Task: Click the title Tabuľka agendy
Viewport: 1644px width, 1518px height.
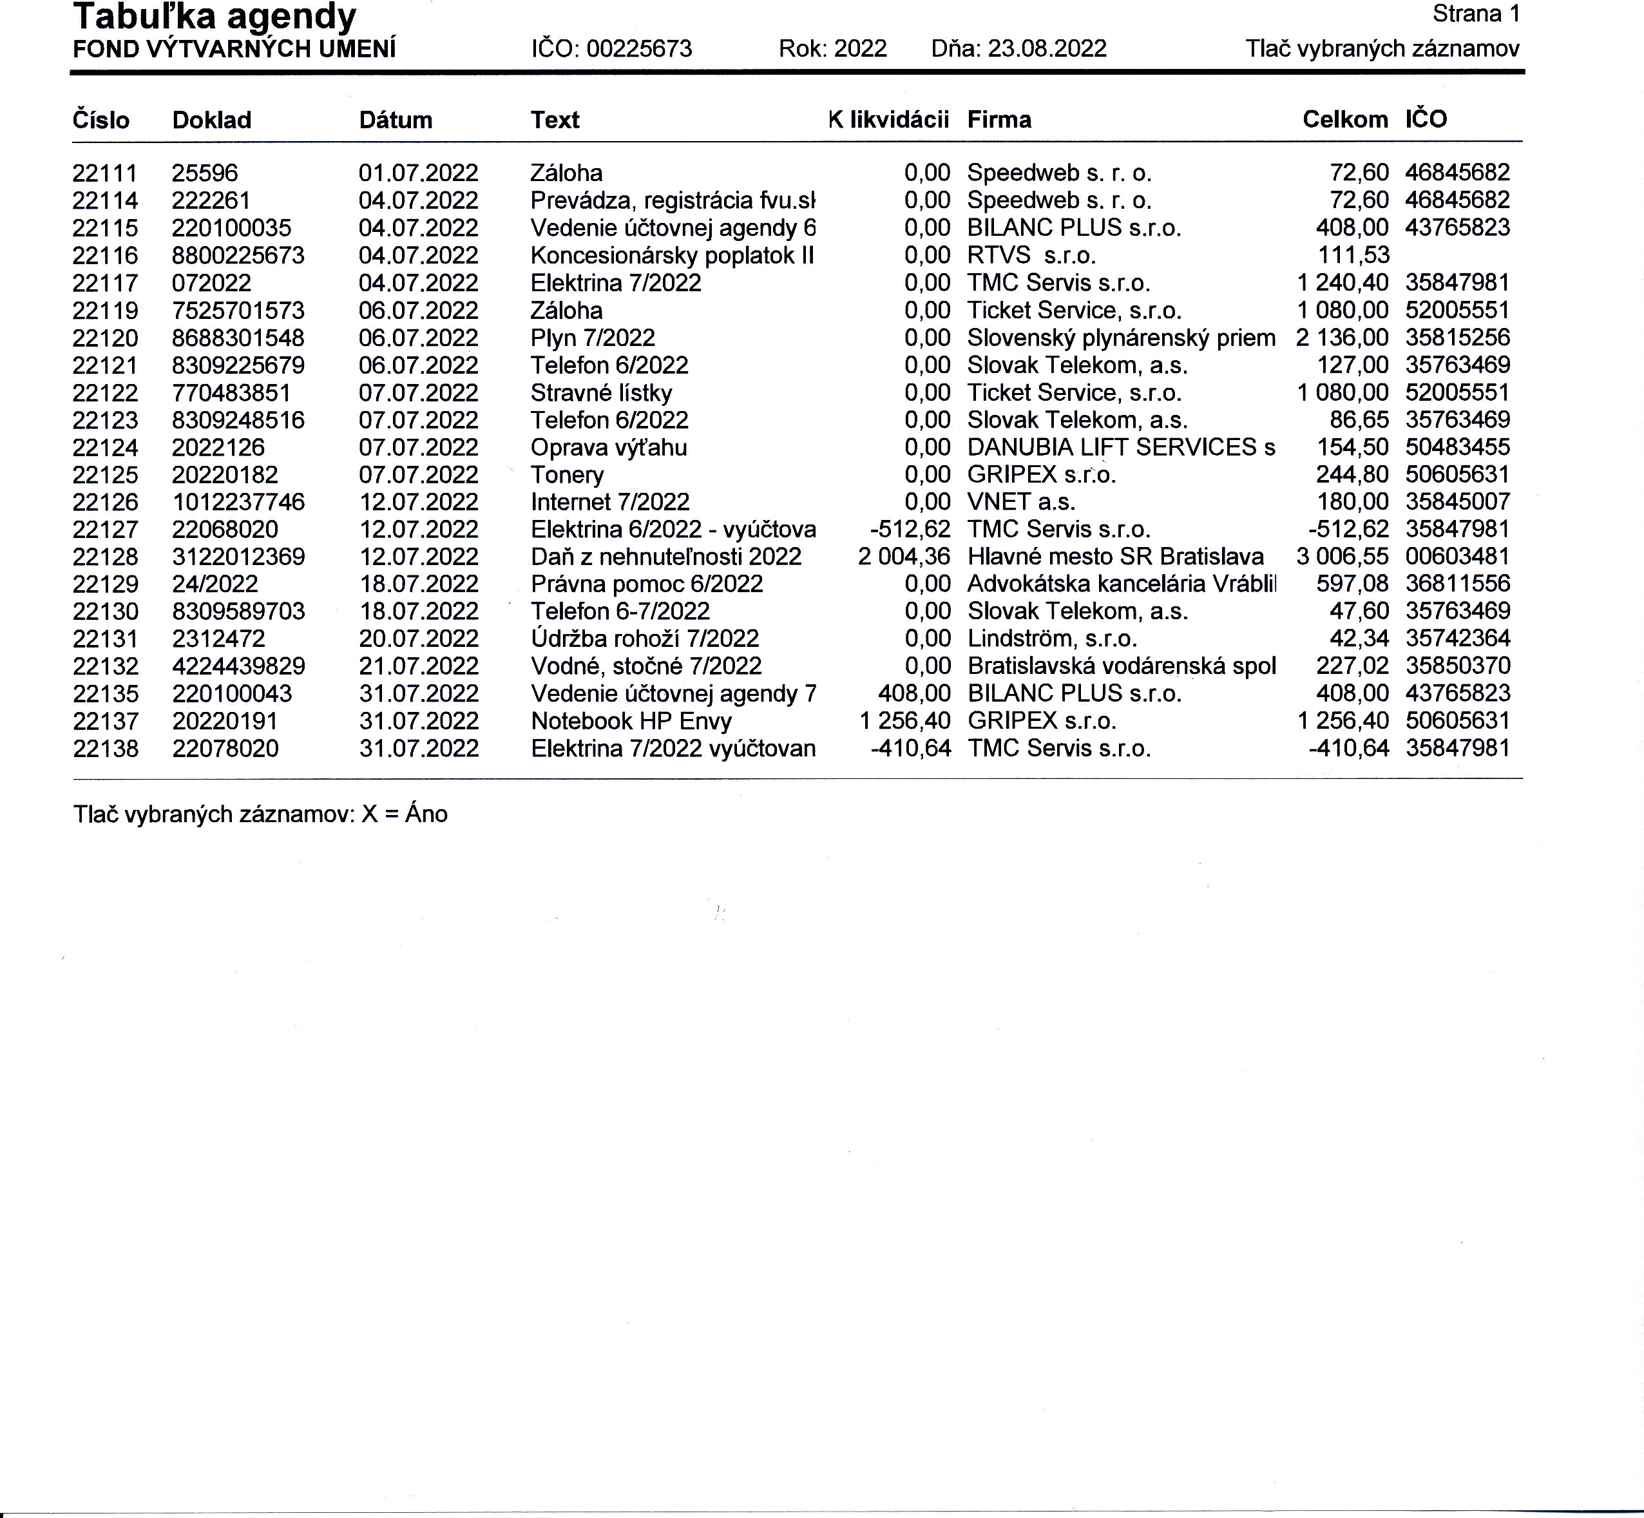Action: click(215, 17)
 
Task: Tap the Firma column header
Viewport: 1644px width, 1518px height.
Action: click(999, 120)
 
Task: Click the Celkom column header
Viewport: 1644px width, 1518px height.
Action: click(1344, 120)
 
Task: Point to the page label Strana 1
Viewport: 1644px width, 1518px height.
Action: click(1476, 14)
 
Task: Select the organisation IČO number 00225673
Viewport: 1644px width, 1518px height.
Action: click(639, 48)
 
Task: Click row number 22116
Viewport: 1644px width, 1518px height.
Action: click(105, 255)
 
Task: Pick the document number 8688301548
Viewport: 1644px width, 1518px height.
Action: click(238, 338)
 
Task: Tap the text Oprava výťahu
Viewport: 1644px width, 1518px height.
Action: click(609, 448)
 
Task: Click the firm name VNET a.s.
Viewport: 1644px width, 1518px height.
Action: click(1020, 502)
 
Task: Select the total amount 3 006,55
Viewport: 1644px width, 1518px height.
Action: click(1342, 557)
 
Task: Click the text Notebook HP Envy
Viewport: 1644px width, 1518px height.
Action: click(631, 721)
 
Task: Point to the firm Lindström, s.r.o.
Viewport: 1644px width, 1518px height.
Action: click(1051, 639)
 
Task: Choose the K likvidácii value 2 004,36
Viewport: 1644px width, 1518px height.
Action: click(903, 557)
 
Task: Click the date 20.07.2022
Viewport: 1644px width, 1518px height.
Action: click(418, 639)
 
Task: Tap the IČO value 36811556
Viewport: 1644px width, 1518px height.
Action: click(1457, 584)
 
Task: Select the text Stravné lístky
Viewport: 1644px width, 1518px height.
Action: click(601, 392)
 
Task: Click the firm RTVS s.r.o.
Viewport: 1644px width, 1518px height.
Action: click(1031, 255)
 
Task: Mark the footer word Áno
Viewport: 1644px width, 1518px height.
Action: click(426, 814)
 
